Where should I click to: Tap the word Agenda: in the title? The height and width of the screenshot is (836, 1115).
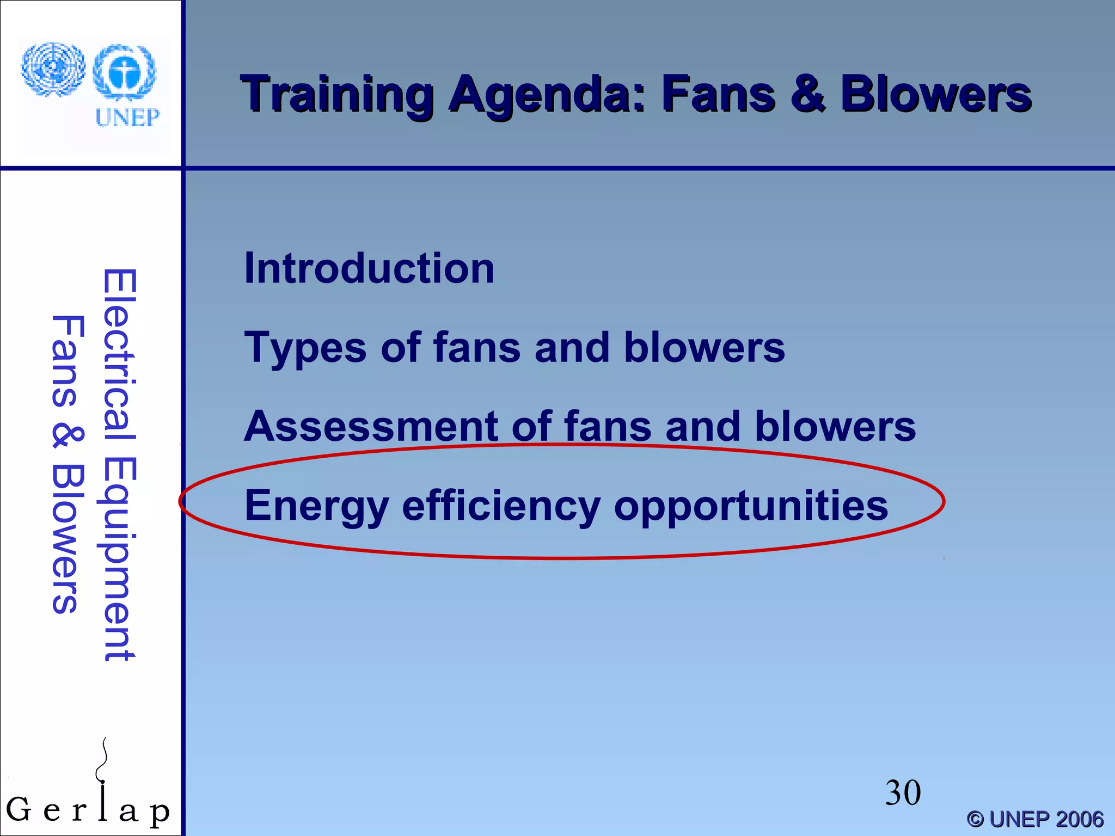547,96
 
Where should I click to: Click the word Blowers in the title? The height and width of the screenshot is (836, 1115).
935,95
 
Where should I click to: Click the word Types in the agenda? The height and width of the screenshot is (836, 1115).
305,348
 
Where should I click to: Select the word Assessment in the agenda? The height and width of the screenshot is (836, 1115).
370,426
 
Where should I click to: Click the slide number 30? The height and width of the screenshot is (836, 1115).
903,792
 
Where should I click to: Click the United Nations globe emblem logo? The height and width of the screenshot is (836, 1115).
53,70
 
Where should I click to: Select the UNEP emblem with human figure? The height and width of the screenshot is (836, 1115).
125,73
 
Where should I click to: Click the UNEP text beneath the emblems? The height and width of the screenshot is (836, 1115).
127,117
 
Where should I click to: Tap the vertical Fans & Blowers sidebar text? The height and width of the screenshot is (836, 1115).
68,465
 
